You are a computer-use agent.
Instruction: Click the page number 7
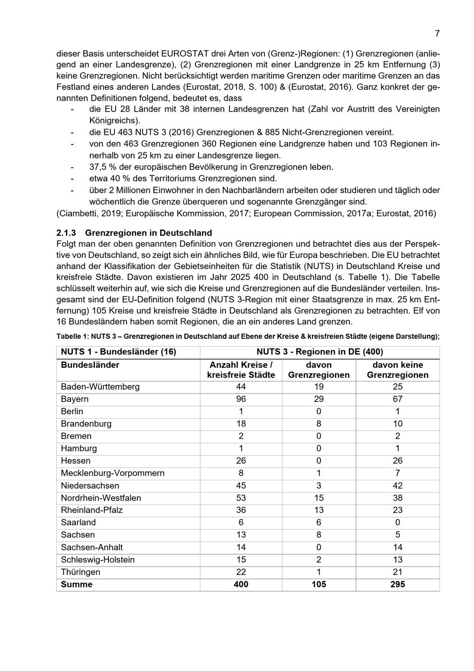(437, 33)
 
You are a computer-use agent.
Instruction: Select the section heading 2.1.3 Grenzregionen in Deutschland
(134, 233)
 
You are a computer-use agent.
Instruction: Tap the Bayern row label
(74, 399)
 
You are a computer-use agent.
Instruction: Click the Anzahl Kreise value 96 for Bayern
(241, 399)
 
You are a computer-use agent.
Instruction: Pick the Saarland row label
(78, 522)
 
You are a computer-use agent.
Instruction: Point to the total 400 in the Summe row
(241, 584)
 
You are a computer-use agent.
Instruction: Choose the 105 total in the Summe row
(319, 584)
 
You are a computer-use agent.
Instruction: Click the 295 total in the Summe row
(397, 584)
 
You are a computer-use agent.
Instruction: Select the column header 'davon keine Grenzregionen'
(397, 370)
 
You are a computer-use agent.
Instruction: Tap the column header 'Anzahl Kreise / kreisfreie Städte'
(241, 370)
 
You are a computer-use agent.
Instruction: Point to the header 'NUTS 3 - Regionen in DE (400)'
(319, 352)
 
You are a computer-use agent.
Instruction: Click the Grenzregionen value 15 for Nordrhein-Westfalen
(319, 498)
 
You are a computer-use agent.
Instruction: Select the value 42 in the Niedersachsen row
(397, 485)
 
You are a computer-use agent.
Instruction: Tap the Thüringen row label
(81, 572)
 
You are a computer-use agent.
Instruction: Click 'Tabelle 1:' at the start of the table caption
(73, 336)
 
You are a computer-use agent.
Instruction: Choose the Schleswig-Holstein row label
(98, 559)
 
